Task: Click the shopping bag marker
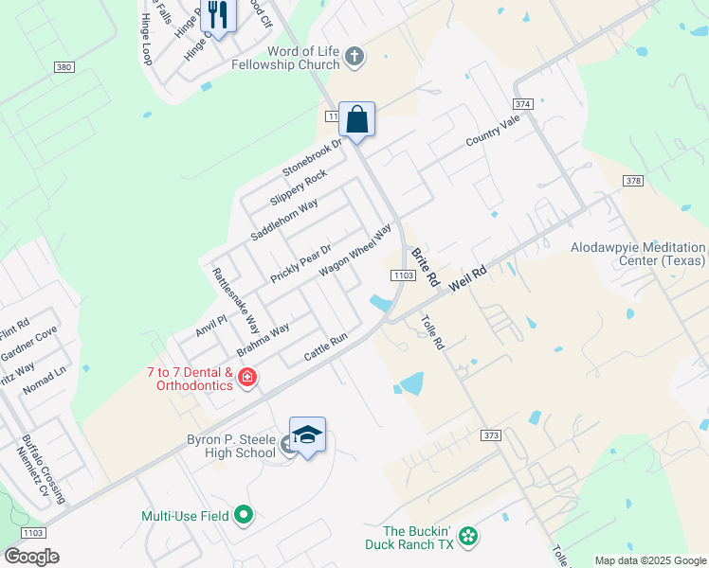click(356, 120)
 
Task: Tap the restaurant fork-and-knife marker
click(218, 14)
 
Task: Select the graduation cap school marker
click(307, 435)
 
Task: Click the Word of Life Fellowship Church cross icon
click(354, 57)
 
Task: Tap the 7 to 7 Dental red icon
click(247, 379)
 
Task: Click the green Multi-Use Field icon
click(245, 516)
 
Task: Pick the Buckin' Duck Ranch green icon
click(467, 537)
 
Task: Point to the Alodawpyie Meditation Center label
click(638, 253)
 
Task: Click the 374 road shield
click(522, 103)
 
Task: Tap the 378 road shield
click(634, 181)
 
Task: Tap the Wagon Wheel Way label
click(355, 249)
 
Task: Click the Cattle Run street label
click(326, 347)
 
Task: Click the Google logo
click(31, 557)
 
